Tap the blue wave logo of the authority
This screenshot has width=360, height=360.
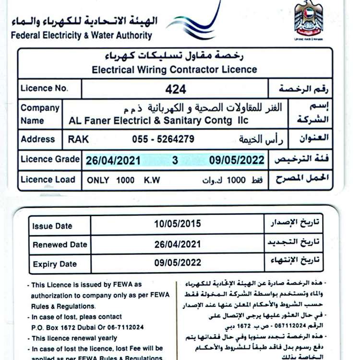[197, 22]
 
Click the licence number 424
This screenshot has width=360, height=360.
[175, 89]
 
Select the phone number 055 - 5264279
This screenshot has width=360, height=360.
[163, 139]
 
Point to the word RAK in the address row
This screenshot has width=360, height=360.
[78, 139]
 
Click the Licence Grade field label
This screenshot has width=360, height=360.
[50, 159]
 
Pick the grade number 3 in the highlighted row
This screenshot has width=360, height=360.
[175, 160]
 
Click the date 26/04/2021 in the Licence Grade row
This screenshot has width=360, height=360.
[113, 160]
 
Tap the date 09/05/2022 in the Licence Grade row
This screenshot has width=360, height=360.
[237, 160]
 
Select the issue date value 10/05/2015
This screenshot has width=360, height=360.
[178, 224]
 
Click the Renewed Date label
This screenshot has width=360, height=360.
[60, 245]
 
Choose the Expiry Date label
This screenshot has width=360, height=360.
[55, 264]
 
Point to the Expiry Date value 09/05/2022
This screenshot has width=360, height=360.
[178, 263]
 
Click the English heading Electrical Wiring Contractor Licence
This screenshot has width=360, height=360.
[174, 70]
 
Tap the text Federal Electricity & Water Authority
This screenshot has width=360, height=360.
[81, 35]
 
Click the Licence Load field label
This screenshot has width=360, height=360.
[48, 180]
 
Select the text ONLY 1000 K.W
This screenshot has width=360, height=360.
[123, 181]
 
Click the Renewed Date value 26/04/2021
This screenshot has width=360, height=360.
[178, 244]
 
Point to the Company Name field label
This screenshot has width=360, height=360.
[40, 114]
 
